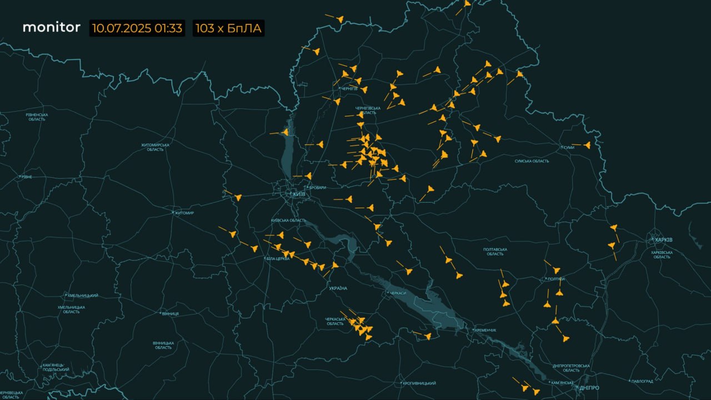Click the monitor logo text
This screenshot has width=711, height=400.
pyautogui.click(x=51, y=27)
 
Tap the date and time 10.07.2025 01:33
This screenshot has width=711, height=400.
pyautogui.click(x=137, y=28)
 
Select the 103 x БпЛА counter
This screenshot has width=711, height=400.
pyautogui.click(x=229, y=28)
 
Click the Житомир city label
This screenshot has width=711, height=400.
pyautogui.click(x=184, y=213)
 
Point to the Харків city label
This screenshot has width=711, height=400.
pyautogui.click(x=663, y=239)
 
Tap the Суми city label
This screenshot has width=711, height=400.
pyautogui.click(x=568, y=147)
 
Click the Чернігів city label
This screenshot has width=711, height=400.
pyautogui.click(x=349, y=89)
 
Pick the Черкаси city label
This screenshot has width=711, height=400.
pyautogui.click(x=398, y=293)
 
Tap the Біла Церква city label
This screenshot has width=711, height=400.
pyautogui.click(x=278, y=259)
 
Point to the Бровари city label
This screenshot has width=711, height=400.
pyautogui.click(x=317, y=188)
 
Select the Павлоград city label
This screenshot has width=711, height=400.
pyautogui.click(x=642, y=382)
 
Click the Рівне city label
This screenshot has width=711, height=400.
pyautogui.click(x=26, y=177)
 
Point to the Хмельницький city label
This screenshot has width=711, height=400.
pyautogui.click(x=83, y=296)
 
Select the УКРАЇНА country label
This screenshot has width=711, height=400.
pyautogui.click(x=338, y=288)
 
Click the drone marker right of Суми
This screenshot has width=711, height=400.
pyautogui.click(x=587, y=146)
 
